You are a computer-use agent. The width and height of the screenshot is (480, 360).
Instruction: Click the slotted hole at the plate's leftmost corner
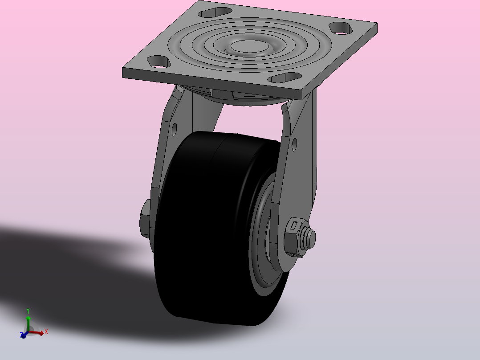pos(159,61)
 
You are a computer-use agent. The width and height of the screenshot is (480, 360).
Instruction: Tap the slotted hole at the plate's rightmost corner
pos(340,28)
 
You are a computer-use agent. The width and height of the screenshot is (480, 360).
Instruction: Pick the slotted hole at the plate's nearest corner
pos(285,78)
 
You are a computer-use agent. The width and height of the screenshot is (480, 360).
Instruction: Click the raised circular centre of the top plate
pos(249,47)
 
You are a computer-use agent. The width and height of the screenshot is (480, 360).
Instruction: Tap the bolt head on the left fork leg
pos(145,219)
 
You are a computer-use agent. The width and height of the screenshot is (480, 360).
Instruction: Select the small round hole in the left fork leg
pos(174,130)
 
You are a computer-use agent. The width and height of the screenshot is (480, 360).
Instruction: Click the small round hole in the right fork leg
pos(294,145)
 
